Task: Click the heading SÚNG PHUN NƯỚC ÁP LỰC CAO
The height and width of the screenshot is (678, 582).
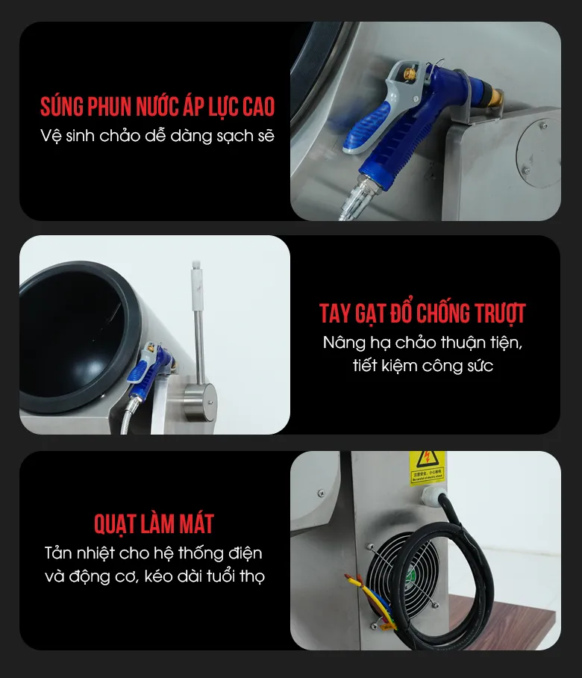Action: pyautogui.click(x=157, y=106)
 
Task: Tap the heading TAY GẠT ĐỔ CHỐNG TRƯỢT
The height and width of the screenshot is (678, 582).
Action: pyautogui.click(x=422, y=313)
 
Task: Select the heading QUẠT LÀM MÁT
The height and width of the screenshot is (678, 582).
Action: pyautogui.click(x=154, y=523)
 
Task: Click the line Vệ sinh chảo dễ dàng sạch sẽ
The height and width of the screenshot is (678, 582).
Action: pyautogui.click(x=157, y=136)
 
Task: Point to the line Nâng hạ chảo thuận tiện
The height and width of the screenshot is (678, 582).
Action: pyautogui.click(x=422, y=343)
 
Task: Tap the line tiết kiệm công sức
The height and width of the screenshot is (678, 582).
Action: pyautogui.click(x=422, y=366)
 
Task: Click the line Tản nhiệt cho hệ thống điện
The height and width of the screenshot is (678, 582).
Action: pyautogui.click(x=154, y=553)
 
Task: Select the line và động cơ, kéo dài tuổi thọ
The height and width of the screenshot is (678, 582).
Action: pyautogui.click(x=154, y=576)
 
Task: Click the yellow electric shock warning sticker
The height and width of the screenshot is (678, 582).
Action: pyautogui.click(x=427, y=467)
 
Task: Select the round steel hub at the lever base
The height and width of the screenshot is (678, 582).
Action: pyautogui.click(x=200, y=402)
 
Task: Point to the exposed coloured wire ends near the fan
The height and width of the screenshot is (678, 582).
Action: pyautogui.click(x=369, y=597)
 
